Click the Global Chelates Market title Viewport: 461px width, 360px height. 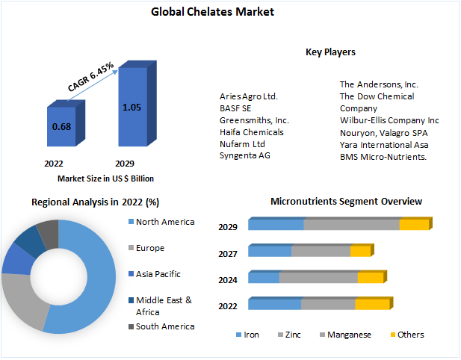213,12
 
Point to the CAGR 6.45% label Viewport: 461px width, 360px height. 90,77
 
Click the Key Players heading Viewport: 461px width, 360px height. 330,52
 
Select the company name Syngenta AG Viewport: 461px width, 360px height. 245,155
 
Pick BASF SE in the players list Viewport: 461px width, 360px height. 235,108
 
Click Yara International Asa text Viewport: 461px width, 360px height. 385,144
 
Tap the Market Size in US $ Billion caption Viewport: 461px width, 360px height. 105,179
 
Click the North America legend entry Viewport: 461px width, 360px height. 165,222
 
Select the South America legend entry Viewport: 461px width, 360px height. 165,326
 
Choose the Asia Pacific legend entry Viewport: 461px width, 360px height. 158,274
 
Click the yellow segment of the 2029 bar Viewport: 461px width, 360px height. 414,225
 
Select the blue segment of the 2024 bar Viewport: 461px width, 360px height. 263,278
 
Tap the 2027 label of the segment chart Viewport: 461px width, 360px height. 228,253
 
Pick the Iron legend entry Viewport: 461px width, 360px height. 252,335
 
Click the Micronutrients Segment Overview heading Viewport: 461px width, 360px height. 346,202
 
